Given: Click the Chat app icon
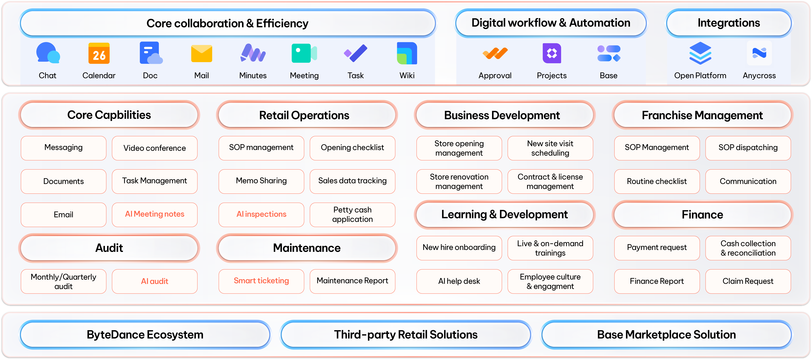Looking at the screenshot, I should [48, 53].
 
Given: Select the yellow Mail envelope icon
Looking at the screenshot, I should [201, 54].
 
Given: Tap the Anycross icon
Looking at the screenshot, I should [759, 53].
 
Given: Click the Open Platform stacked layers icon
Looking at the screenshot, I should [700, 53].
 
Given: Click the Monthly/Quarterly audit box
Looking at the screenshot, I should [63, 281].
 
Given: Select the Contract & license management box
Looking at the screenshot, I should [550, 181].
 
